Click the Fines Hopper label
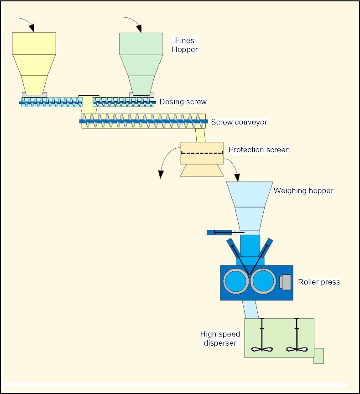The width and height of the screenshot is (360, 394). pyautogui.click(x=184, y=45)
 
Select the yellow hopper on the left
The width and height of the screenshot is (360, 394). pyautogui.click(x=34, y=63)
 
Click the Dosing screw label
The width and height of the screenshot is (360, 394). pyautogui.click(x=183, y=102)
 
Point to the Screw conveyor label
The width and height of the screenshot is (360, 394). pyautogui.click(x=239, y=122)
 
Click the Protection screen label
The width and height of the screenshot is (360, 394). pyautogui.click(x=259, y=150)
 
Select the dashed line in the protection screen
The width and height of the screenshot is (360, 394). pyautogui.click(x=202, y=153)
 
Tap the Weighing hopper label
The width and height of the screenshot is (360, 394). pyautogui.click(x=303, y=191)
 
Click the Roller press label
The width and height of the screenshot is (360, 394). pyautogui.click(x=319, y=282)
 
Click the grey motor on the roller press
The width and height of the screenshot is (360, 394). pyautogui.click(x=285, y=282)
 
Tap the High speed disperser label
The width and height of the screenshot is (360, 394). pyautogui.click(x=220, y=338)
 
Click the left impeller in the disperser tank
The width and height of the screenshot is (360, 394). pyautogui.click(x=262, y=349)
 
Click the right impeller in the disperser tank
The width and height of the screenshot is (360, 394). pyautogui.click(x=297, y=349)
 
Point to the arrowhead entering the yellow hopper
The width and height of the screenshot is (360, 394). pyautogui.click(x=31, y=28)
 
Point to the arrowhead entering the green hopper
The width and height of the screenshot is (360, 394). pyautogui.click(x=139, y=28)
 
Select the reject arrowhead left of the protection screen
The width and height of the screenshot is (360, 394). pyautogui.click(x=161, y=174)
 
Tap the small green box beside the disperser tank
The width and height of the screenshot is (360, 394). pyautogui.click(x=319, y=356)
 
